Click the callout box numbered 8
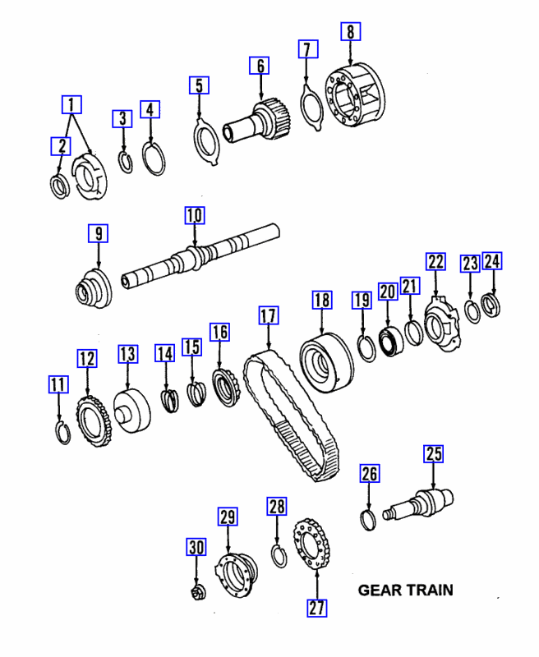click(351, 32)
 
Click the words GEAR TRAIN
click(405, 590)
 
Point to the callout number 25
click(433, 453)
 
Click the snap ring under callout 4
click(150, 158)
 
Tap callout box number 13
click(127, 354)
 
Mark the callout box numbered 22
click(435, 262)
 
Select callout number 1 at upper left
click(73, 104)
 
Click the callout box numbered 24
click(491, 261)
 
